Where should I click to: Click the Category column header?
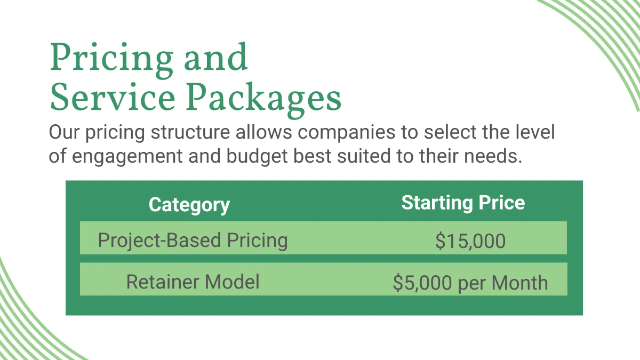[x=189, y=205]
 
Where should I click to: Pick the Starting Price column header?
[x=463, y=203]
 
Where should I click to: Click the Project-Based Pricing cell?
[x=193, y=241]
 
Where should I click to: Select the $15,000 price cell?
[x=470, y=241]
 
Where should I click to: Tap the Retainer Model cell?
[x=193, y=281]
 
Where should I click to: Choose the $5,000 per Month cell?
[x=470, y=283]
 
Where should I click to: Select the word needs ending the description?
[x=492, y=157]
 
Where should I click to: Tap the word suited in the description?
[x=360, y=157]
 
